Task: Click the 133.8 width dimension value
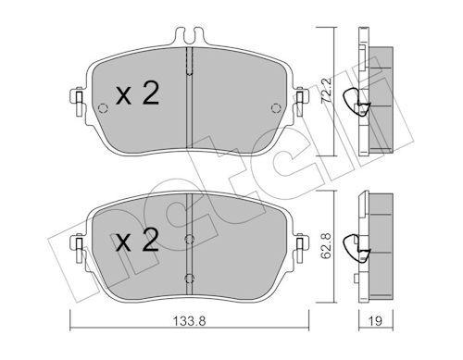[x=189, y=321]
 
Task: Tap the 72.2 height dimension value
[x=326, y=91]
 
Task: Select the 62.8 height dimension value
[x=326, y=245]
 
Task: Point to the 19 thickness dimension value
[x=375, y=321]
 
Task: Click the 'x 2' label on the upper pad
[x=137, y=93]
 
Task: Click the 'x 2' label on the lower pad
[x=137, y=240]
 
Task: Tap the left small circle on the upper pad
[x=103, y=108]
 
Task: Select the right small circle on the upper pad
[x=276, y=108]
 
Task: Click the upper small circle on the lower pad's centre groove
[x=189, y=239]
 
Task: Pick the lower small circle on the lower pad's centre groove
[x=189, y=279]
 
